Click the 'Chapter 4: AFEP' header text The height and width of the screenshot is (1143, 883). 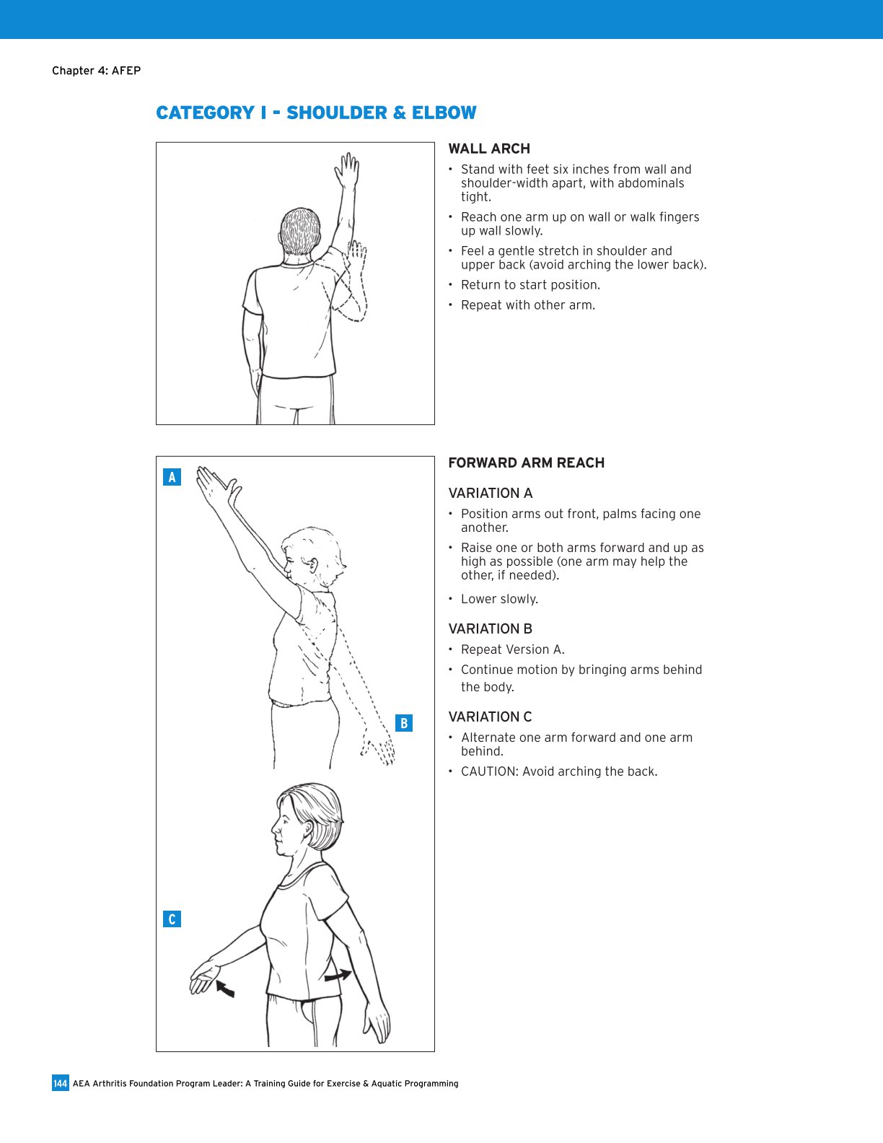(96, 71)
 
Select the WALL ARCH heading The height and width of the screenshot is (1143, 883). (489, 149)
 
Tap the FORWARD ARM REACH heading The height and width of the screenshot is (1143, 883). (526, 463)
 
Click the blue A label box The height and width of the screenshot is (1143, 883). (172, 477)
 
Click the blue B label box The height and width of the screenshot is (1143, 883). (404, 723)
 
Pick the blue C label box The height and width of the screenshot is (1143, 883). (172, 919)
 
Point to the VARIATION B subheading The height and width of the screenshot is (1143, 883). (490, 629)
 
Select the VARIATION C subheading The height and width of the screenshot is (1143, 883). (490, 717)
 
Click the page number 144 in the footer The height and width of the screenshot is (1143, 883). (60, 1083)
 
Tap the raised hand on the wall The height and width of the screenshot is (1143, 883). (348, 171)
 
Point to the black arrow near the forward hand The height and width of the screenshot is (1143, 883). (226, 989)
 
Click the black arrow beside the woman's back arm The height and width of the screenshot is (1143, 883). (338, 976)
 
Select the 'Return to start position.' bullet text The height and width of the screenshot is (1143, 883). (530, 285)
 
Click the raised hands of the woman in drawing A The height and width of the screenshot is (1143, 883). (216, 487)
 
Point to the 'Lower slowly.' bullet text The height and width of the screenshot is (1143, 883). (499, 600)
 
